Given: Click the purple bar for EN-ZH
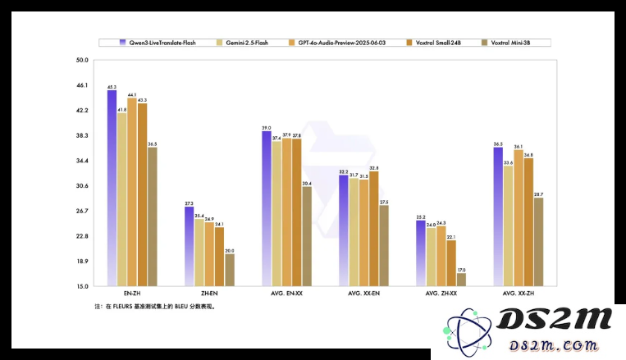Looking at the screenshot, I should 112,188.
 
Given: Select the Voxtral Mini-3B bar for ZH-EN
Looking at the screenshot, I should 229,270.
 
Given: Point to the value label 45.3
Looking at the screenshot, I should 112,86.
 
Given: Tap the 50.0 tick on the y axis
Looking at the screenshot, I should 82,60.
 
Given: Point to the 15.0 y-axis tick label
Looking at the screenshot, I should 82,286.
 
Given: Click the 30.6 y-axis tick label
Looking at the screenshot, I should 82,186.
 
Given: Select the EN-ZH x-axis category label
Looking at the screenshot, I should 131,294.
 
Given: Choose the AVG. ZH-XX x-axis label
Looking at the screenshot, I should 441,294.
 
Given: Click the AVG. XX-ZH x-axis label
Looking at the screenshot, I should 519,294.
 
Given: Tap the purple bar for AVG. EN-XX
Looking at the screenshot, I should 267,208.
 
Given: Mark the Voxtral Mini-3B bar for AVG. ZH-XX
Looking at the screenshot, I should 461,280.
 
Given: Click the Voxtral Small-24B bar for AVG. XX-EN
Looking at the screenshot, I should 374,229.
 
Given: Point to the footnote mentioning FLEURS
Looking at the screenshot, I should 155,307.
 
